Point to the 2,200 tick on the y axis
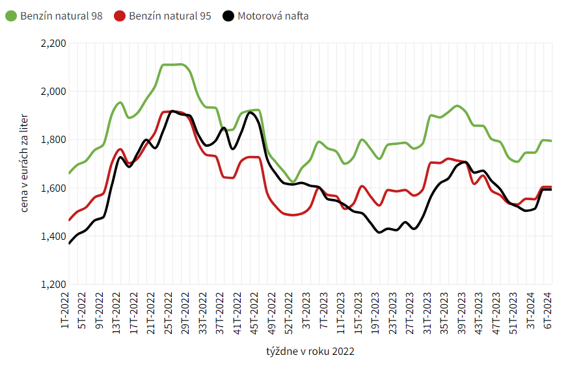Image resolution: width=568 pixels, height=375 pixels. point(53,44)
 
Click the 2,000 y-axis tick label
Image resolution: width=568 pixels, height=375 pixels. point(53,92)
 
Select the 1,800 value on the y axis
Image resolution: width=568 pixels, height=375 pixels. point(53,140)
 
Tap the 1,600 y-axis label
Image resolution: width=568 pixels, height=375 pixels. point(53,188)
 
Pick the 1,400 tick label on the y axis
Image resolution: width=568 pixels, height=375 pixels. point(53,236)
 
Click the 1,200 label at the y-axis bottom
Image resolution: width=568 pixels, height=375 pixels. point(53,284)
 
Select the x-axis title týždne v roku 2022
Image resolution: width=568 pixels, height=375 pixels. point(310,352)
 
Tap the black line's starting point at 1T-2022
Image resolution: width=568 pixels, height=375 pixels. point(69,243)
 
